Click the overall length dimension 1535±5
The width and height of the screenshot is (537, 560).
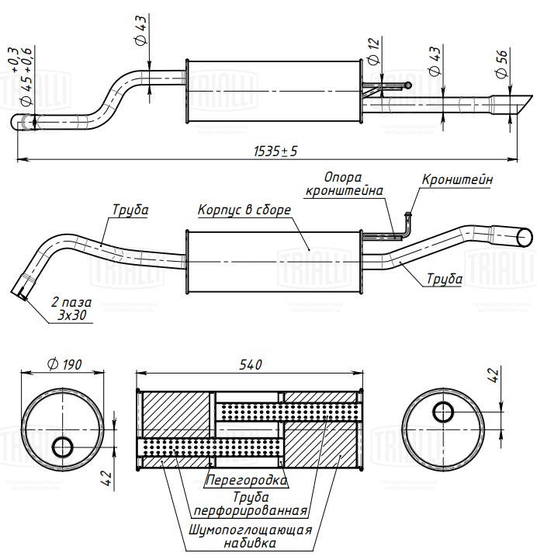[275, 151]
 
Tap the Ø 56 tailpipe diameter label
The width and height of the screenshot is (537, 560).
[501, 64]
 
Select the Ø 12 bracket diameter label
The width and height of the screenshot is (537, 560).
[373, 51]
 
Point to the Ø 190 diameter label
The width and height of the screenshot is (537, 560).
[64, 364]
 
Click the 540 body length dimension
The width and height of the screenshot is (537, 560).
[251, 364]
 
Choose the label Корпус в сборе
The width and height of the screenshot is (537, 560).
[244, 210]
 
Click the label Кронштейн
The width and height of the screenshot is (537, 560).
[457, 179]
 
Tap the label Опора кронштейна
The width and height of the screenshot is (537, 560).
[344, 184]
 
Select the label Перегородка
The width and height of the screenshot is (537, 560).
[247, 480]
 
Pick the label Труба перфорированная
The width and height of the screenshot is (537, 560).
[251, 504]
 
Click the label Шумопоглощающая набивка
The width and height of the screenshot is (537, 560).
[250, 537]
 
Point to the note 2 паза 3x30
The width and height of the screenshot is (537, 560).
[71, 308]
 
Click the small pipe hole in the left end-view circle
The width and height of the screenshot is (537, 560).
[63, 447]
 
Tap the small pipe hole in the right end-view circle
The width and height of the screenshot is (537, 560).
[443, 412]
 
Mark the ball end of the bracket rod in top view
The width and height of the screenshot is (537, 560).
[408, 85]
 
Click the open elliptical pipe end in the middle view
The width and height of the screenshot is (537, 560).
[525, 238]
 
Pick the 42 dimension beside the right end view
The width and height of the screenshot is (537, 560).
[494, 375]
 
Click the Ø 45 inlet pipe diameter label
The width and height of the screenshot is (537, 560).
[23, 77]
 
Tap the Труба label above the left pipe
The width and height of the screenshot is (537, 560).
[130, 210]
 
